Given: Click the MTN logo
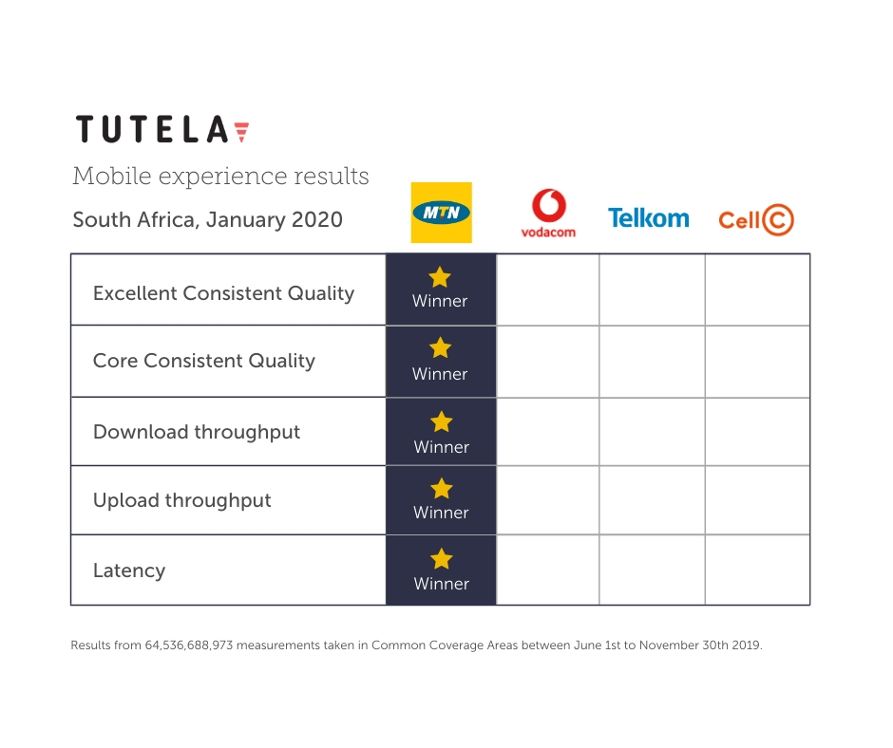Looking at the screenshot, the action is (x=442, y=213).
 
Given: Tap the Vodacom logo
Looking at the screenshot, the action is (x=548, y=213).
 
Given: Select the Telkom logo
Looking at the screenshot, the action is (x=648, y=218).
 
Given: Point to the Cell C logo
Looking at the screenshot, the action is (x=756, y=219).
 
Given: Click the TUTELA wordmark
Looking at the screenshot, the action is (x=162, y=129).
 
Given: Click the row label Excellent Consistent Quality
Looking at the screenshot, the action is (x=224, y=293).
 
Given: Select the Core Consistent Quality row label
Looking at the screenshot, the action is (x=204, y=361).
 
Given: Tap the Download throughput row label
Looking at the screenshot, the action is (x=197, y=432).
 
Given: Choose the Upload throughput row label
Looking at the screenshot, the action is (x=182, y=500).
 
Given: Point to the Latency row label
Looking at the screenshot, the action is (x=129, y=570).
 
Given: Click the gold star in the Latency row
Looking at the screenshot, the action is (x=442, y=558).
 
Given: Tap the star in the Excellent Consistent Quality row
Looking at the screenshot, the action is (x=440, y=277).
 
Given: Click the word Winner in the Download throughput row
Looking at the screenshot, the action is (x=442, y=447).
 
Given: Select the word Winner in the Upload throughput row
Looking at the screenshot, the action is (x=442, y=513).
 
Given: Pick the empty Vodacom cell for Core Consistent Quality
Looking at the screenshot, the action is (x=548, y=362).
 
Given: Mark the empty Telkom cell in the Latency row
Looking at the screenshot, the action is (x=652, y=570).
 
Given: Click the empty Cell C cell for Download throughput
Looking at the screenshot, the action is (x=757, y=432).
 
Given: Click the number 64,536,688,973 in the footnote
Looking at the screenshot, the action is (x=189, y=645).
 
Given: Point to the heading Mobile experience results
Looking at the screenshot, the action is (x=221, y=176).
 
